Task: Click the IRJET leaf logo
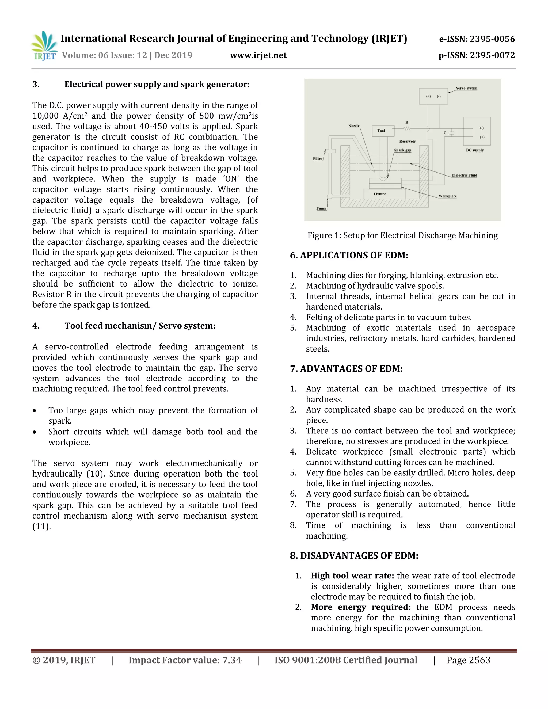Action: click(44, 46)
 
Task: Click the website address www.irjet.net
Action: click(258, 55)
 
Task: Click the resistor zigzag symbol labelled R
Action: click(407, 128)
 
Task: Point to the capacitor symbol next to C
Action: click(451, 132)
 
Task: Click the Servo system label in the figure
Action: click(466, 88)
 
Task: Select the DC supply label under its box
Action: click(475, 150)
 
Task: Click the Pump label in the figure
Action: click(321, 208)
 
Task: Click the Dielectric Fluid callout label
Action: click(464, 175)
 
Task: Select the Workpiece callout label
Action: click(447, 196)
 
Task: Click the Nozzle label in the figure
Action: click(353, 126)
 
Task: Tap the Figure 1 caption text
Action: click(402, 235)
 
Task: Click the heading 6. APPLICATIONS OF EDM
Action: click(349, 255)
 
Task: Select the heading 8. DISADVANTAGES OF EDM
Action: click(354, 555)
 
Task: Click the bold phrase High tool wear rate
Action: click(352, 575)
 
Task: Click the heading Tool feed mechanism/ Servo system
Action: click(140, 326)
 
